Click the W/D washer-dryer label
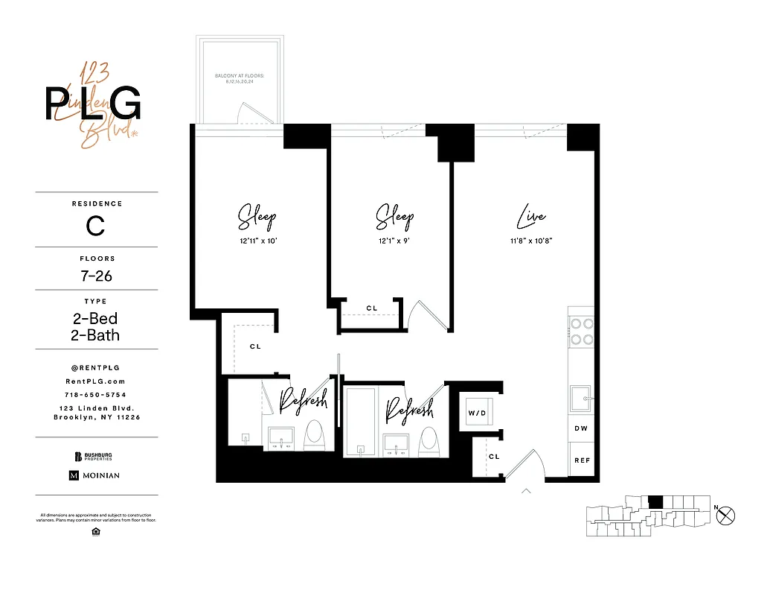point(475,412)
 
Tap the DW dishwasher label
point(581,428)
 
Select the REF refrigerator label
point(581,460)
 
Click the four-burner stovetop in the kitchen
point(581,331)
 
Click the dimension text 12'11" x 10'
point(257,241)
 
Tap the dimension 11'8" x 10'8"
point(531,241)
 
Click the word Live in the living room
point(531,218)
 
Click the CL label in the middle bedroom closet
point(371,308)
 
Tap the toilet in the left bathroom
point(315,437)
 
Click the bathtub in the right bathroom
point(361,421)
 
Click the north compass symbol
point(726,514)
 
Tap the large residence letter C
point(96,225)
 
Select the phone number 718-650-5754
point(97,394)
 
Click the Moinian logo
point(94,475)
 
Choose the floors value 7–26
point(97,276)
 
